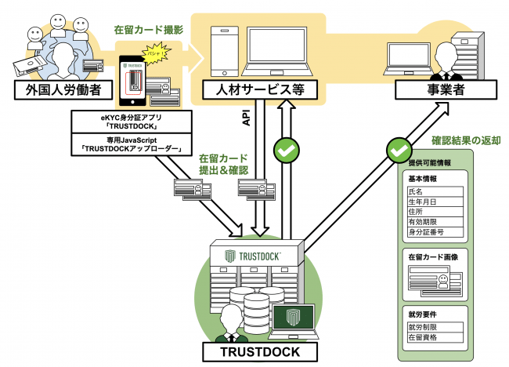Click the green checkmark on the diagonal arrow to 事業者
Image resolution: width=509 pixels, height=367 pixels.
click(399, 147)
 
